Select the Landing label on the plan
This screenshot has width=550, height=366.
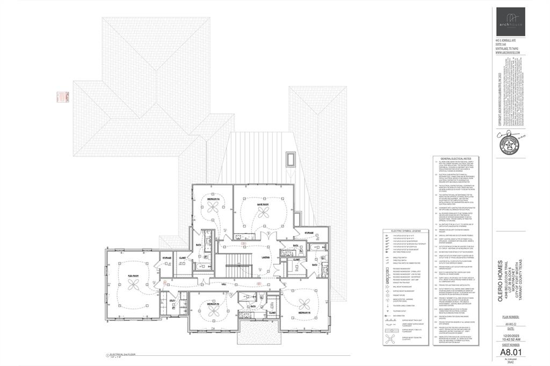tap(250, 257)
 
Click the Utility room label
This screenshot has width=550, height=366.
tap(172, 302)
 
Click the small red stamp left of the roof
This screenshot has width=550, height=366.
tap(62, 97)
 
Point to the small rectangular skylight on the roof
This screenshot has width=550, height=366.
tap(291, 159)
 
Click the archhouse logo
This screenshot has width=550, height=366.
tap(507, 21)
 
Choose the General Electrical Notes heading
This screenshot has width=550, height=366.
tap(456, 159)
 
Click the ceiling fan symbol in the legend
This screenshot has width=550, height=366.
tap(393, 349)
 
